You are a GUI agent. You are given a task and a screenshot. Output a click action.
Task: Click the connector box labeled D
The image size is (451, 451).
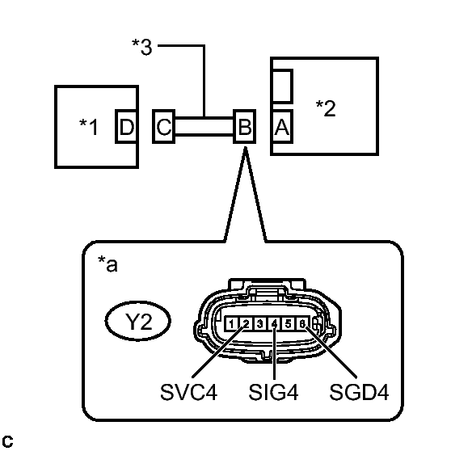(126, 127)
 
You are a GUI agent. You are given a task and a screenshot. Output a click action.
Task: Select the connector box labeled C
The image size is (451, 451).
(164, 127)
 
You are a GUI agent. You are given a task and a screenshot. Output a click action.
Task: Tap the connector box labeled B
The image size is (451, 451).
(244, 127)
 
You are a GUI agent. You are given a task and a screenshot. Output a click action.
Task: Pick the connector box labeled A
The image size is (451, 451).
(282, 127)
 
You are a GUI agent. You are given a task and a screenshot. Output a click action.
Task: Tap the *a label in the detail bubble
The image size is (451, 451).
(107, 265)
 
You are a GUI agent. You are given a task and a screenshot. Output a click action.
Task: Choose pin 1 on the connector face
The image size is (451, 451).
(232, 325)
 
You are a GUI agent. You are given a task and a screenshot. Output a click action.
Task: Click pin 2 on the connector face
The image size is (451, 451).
(246, 325)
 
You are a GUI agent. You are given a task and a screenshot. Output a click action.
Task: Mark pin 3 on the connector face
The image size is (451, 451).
(259, 325)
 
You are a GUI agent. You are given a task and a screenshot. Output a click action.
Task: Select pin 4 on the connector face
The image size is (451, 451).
(275, 325)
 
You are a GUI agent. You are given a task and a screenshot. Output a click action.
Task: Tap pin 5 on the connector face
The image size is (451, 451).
(289, 325)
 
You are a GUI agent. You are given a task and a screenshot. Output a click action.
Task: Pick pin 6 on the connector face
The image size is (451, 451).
(302, 325)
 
